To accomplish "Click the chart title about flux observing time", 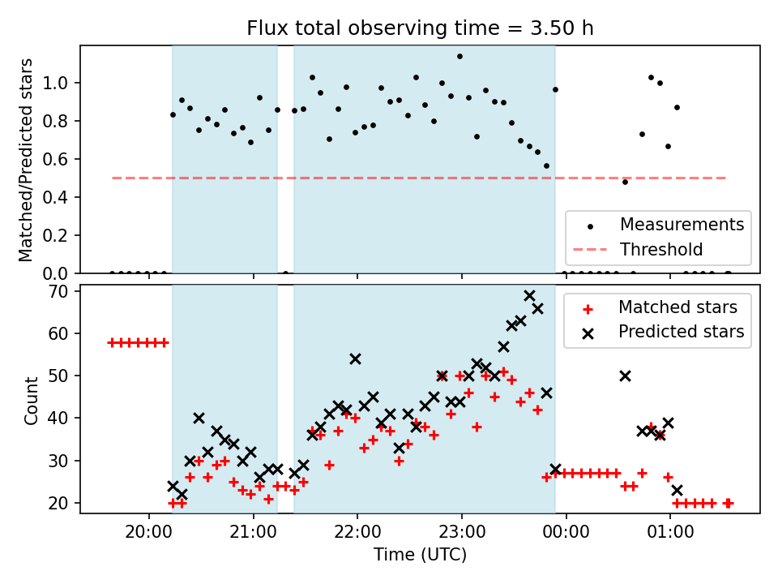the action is click(420, 28).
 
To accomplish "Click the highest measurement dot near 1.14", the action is click(460, 57).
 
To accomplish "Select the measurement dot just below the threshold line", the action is click(625, 182).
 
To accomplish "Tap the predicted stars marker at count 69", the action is click(529, 296).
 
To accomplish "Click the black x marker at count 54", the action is click(355, 359).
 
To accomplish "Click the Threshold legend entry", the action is click(638, 249).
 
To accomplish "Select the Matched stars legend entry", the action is click(660, 307).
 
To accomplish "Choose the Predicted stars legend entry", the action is click(663, 332).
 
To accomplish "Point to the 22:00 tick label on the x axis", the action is click(357, 532).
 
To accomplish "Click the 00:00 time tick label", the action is click(566, 532).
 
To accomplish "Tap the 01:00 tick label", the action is click(670, 532).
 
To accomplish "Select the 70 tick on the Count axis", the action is click(58, 291).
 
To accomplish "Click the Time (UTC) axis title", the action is click(420, 555).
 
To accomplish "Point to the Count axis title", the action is click(31, 400).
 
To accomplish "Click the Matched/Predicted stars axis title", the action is click(25, 160).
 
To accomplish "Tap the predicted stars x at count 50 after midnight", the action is click(625, 376).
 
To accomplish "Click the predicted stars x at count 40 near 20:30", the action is click(199, 419).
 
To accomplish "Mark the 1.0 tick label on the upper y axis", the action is click(54, 83).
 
